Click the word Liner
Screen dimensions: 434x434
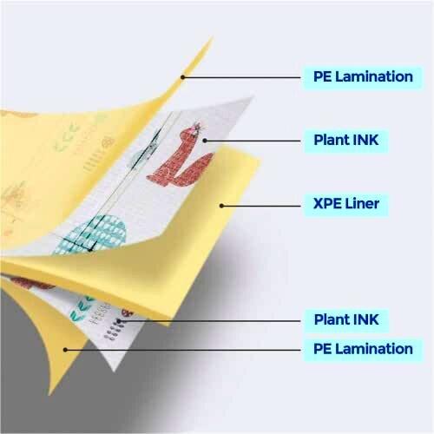[x=362, y=204]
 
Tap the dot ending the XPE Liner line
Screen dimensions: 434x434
[x=221, y=206]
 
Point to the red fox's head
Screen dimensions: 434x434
[x=192, y=132]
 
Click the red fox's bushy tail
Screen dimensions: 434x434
[x=195, y=169]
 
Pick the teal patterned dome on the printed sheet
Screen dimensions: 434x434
[x=92, y=234]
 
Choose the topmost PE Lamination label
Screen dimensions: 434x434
[x=363, y=77]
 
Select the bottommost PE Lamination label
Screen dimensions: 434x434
[x=363, y=349]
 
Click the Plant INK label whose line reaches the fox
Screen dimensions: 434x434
[x=346, y=141]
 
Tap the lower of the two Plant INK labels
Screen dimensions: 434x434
[x=346, y=319]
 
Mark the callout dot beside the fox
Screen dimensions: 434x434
[x=205, y=141]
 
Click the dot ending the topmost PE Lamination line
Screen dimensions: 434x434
[x=182, y=77]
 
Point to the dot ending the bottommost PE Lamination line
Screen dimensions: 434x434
[x=65, y=350]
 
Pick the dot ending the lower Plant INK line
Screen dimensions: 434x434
[x=118, y=321]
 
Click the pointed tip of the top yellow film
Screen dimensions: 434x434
[x=213, y=37]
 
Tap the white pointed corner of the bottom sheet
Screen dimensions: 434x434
[x=114, y=371]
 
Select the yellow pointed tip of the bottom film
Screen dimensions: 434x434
[x=50, y=393]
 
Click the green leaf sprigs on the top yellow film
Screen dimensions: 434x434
[x=66, y=139]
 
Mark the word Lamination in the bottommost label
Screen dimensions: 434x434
[x=374, y=349]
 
